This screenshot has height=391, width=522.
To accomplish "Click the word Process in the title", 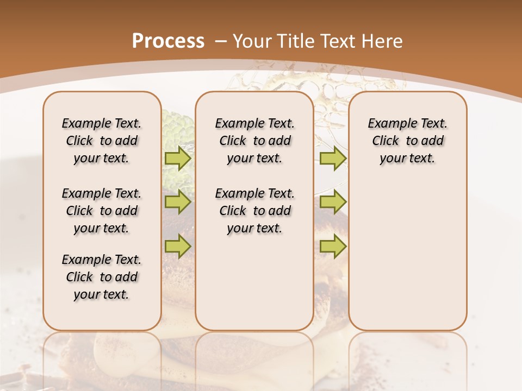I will tap(168, 41).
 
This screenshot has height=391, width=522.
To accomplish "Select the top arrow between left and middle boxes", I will tap(178, 159).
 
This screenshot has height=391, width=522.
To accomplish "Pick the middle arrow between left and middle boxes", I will tap(178, 203).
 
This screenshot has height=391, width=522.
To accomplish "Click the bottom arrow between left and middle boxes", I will tap(178, 246).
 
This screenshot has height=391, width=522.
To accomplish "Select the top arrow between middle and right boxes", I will tap(333, 159).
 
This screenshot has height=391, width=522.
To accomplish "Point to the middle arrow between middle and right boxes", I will tap(333, 203).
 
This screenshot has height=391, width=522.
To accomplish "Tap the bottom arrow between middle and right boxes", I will tap(333, 246).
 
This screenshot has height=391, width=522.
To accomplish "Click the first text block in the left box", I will tap(102, 141).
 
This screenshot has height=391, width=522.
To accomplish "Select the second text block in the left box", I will tap(102, 211).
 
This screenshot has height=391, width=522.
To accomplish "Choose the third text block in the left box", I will tap(102, 277).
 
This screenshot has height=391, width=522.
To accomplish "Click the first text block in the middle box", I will tap(254, 141).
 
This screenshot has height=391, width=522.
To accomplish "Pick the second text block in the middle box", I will tap(254, 211).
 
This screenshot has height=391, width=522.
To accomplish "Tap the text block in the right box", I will tap(408, 141).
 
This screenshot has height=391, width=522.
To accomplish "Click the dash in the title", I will tap(221, 41).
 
